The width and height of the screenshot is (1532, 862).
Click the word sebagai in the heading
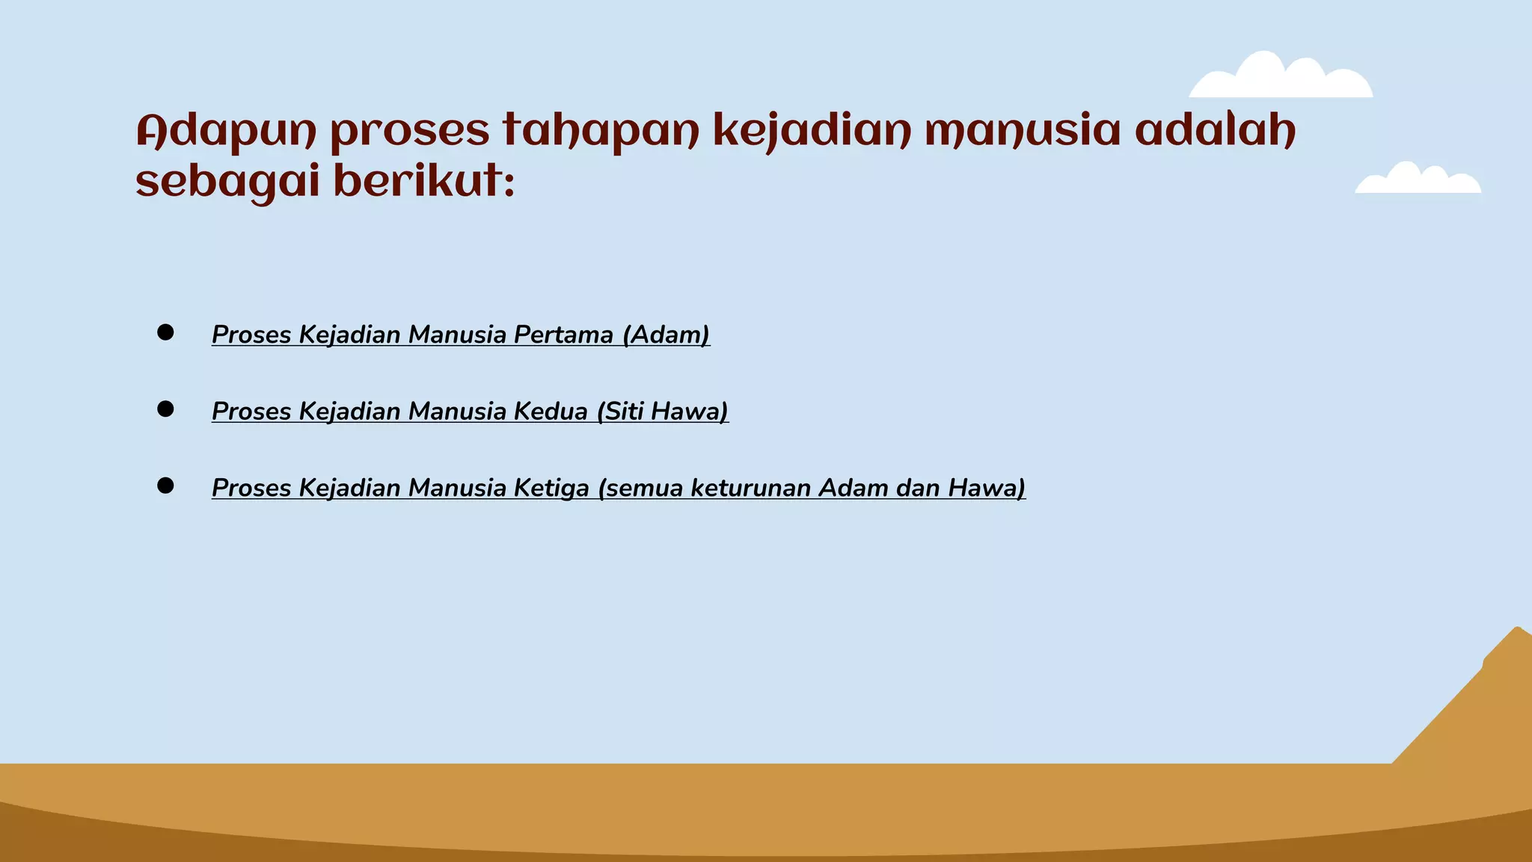point(227,183)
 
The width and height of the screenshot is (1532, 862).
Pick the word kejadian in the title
point(812,132)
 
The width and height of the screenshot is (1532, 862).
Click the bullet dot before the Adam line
point(165,333)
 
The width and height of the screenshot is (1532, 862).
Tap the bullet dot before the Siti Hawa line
point(165,409)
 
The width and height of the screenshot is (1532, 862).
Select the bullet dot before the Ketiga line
point(165,486)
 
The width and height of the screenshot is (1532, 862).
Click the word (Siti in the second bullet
point(620,411)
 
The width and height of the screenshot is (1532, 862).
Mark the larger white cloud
point(1281,78)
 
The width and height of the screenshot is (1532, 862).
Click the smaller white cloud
point(1418,180)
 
